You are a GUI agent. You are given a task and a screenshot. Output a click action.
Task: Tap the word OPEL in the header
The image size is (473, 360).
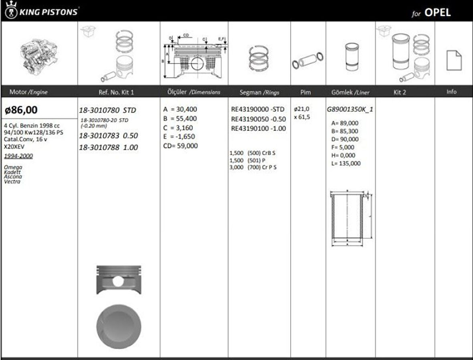(437, 12)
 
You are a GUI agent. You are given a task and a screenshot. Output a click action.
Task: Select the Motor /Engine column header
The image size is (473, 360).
(28, 92)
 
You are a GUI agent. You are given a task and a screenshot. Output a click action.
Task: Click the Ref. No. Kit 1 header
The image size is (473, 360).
(116, 92)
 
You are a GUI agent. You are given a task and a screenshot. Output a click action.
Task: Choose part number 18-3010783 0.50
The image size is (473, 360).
(108, 136)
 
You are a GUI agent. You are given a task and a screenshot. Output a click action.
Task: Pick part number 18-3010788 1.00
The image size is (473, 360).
(108, 148)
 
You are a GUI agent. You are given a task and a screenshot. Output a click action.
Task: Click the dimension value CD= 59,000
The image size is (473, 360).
(180, 146)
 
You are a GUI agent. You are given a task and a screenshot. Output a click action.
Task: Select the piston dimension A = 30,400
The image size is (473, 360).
(180, 109)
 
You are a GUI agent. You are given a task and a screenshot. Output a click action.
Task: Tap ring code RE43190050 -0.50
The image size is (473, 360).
(259, 119)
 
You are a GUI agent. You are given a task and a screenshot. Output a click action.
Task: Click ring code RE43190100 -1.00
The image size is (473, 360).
(259, 129)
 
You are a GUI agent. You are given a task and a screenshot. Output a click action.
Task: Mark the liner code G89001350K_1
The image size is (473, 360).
(350, 109)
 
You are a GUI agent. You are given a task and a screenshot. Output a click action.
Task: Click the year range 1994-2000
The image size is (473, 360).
(18, 156)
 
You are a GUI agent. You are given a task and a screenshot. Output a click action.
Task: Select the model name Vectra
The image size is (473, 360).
(12, 182)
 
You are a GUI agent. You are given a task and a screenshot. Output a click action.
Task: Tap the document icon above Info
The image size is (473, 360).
(454, 61)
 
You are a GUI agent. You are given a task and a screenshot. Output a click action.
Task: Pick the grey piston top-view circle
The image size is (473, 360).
(119, 326)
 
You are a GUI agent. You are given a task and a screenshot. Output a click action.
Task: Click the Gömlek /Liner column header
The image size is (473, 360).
(350, 92)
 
